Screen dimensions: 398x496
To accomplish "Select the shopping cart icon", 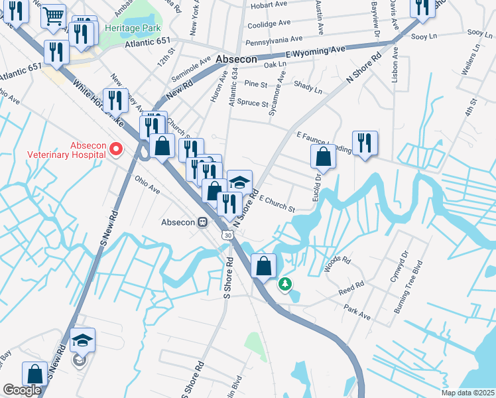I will [53, 15].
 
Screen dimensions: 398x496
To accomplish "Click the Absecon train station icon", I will [205, 222].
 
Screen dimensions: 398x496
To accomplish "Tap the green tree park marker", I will [285, 284].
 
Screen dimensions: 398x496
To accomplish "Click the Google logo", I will [22, 390].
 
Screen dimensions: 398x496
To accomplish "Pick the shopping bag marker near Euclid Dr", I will [323, 157].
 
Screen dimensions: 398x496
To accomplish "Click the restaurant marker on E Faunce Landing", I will [364, 143].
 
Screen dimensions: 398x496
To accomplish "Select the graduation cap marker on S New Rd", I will [82, 340].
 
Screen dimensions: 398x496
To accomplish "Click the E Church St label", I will [277, 203].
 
